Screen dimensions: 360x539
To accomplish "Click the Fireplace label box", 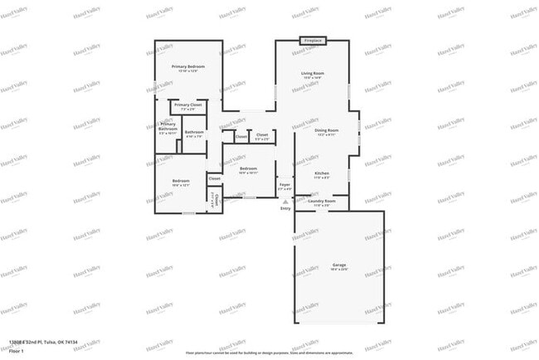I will click(313, 40).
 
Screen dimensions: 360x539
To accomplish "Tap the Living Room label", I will click(313, 75).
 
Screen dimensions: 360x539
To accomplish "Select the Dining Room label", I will click(325, 132).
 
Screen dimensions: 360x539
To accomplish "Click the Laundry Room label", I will click(322, 202).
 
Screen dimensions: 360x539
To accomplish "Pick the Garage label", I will click(339, 267).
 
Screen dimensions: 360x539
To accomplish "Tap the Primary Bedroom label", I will click(188, 68).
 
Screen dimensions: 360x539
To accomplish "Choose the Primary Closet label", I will click(188, 107).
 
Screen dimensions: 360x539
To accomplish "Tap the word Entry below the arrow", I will click(285, 208).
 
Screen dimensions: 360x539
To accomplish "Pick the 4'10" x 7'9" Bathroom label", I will click(195, 134).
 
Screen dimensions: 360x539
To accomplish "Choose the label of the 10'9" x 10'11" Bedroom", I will click(248, 170).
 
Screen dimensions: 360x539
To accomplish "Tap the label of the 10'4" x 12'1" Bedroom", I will click(182, 182).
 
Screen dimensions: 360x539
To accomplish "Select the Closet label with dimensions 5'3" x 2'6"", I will click(261, 136).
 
